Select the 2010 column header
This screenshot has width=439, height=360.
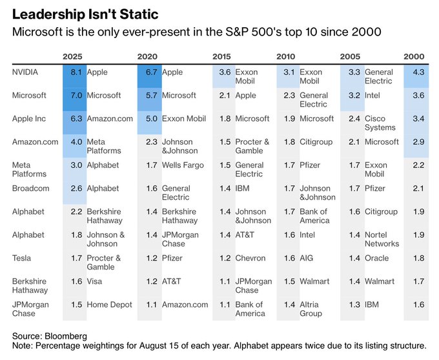point(286,57)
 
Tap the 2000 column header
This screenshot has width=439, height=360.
point(414,57)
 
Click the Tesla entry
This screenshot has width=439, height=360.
point(21,259)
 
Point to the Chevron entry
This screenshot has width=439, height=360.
point(250,259)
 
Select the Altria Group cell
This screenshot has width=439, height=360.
point(311,309)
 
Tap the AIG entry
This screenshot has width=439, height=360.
point(307,259)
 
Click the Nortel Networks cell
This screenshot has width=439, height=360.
point(382,239)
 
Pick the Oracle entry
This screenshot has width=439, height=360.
point(377,259)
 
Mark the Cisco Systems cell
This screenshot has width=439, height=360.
point(380,123)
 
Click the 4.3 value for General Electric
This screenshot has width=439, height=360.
point(418,72)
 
